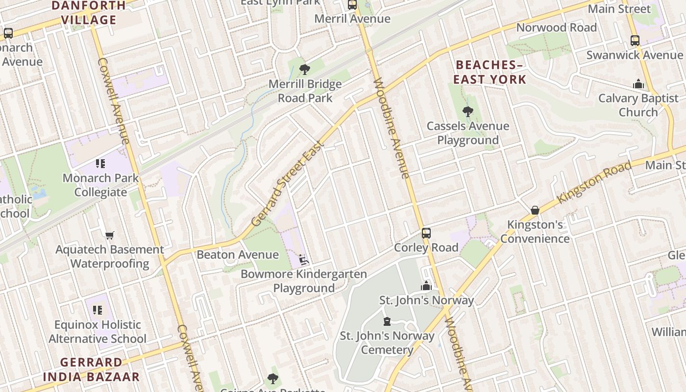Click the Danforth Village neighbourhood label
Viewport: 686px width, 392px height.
click(89, 13)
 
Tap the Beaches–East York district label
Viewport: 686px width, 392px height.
click(490, 72)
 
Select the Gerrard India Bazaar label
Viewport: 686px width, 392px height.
click(91, 369)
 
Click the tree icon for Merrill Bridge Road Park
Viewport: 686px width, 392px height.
click(304, 70)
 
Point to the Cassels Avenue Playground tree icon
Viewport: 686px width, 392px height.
click(468, 112)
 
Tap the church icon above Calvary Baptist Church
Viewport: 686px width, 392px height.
click(638, 84)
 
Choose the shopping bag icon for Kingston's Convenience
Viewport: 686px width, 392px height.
click(535, 210)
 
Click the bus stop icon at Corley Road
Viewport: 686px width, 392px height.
click(426, 233)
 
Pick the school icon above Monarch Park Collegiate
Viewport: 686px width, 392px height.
click(100, 164)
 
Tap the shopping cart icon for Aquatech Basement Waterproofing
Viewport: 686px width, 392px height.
click(109, 235)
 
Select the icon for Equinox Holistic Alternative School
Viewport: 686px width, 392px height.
click(98, 310)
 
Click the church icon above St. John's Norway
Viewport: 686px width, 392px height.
click(426, 286)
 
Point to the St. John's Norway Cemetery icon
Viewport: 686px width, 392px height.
click(387, 321)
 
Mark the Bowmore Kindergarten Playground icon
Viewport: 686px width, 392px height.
click(304, 260)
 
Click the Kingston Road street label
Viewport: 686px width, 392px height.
click(594, 182)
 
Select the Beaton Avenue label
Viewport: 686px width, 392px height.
click(238, 255)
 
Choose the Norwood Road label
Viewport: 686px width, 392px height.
click(557, 27)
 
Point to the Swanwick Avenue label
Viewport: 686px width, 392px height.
click(635, 55)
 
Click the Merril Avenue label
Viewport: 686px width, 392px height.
click(352, 19)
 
